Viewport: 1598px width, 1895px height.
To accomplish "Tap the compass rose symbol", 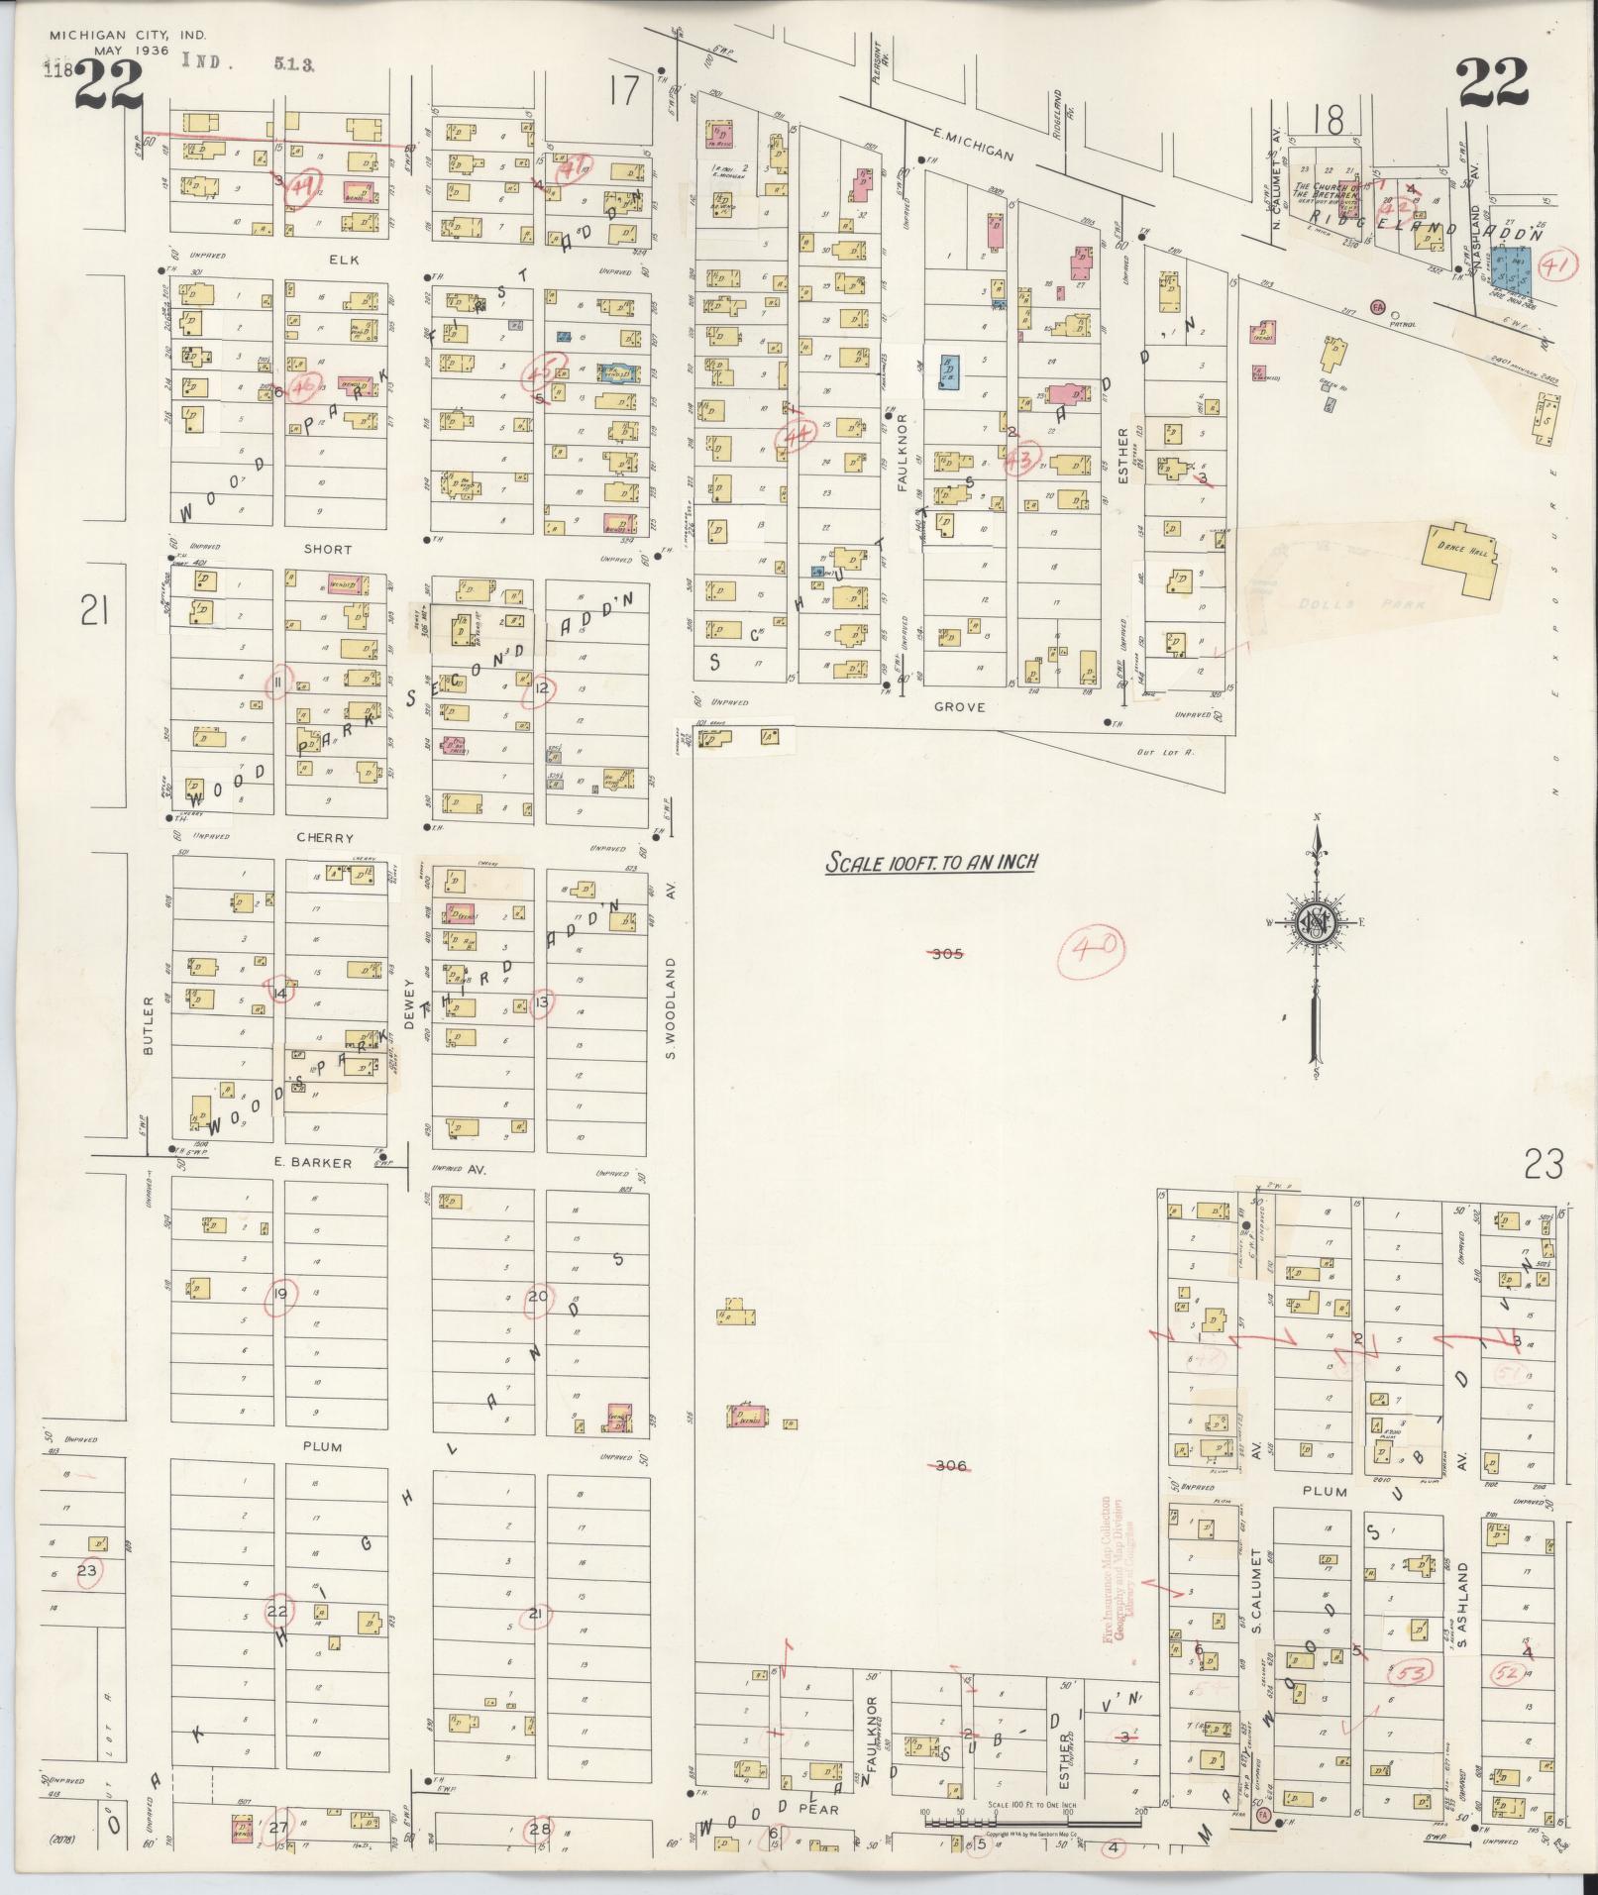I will tap(1317, 922).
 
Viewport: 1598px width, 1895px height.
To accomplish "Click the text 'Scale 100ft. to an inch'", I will tap(931, 862).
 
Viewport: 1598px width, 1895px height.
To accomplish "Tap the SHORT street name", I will tap(328, 549).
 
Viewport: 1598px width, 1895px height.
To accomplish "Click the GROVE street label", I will tap(959, 707).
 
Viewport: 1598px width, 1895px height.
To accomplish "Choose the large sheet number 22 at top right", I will tap(1492, 83).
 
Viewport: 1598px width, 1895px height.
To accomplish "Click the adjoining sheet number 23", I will tap(1544, 1163).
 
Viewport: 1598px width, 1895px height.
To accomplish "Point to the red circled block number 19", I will tap(280, 1294).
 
